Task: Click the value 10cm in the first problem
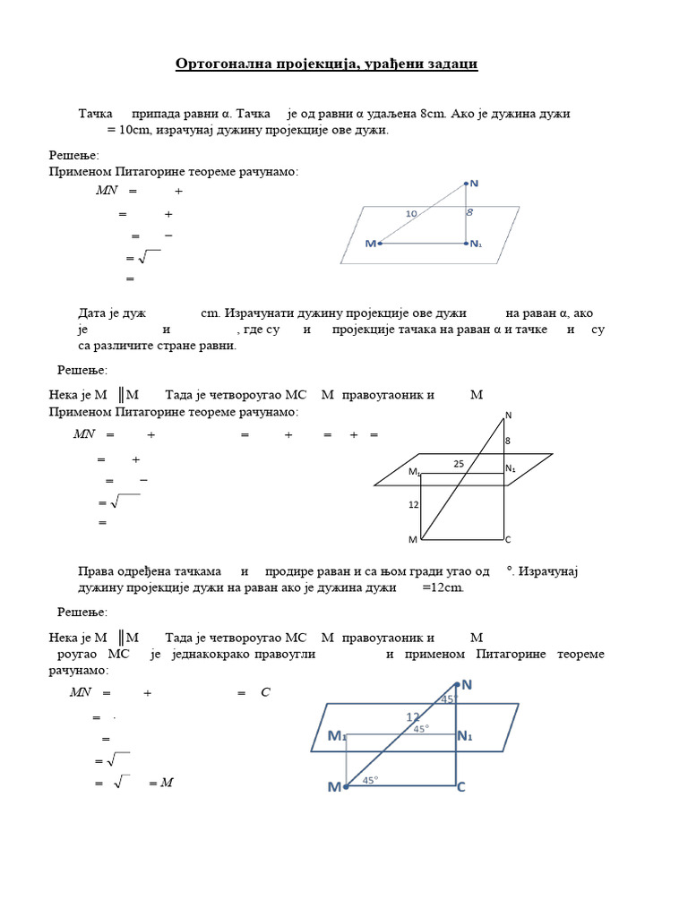[x=138, y=130]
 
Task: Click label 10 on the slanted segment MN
[x=411, y=213]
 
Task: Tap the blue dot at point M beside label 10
[x=381, y=243]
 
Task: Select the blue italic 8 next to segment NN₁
[x=469, y=213]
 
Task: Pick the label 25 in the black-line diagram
[x=459, y=464]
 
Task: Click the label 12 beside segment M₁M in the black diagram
[x=413, y=505]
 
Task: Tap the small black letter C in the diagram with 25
[x=508, y=540]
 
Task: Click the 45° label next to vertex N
[x=449, y=698]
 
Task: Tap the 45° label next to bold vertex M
[x=370, y=781]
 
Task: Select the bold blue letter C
[x=461, y=787]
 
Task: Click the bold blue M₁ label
[x=337, y=736]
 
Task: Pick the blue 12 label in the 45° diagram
[x=412, y=716]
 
